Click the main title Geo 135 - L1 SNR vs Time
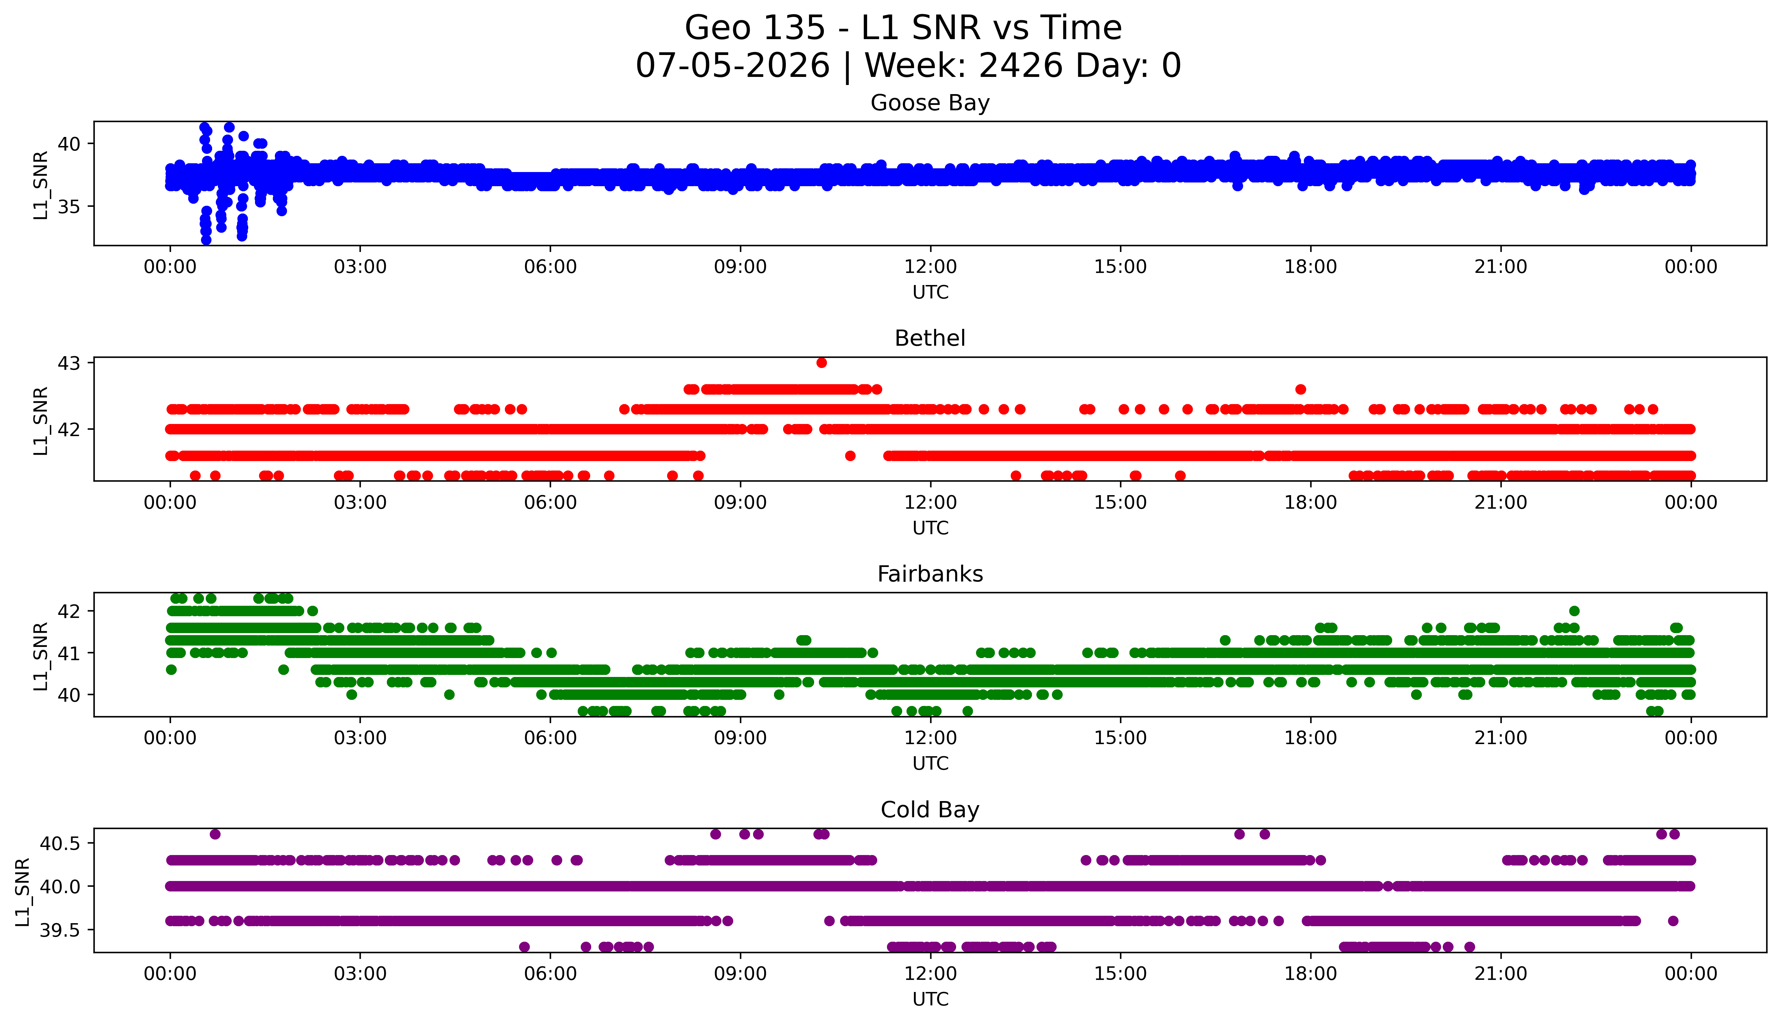tap(903, 28)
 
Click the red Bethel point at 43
tap(821, 363)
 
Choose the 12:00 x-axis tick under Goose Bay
tap(930, 267)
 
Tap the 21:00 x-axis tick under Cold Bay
tap(1500, 974)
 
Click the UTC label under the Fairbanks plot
tap(930, 763)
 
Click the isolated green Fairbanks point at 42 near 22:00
tap(1574, 610)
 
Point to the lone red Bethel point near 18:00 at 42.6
tap(1300, 389)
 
